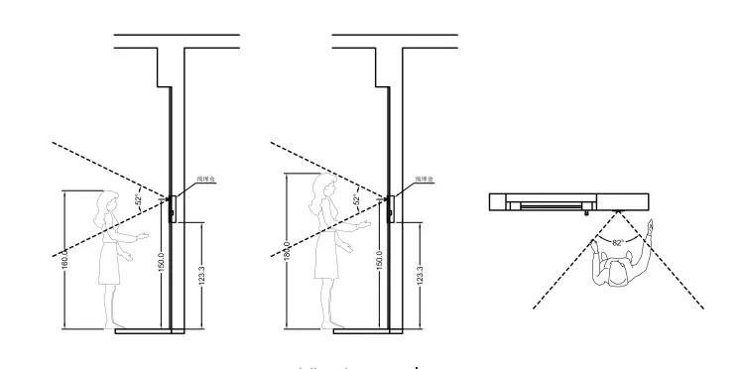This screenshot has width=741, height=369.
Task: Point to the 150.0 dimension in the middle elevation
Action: (379, 262)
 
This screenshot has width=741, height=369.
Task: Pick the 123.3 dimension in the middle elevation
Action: (420, 276)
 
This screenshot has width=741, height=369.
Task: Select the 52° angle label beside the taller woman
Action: (357, 201)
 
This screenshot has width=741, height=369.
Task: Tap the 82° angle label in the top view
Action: (616, 241)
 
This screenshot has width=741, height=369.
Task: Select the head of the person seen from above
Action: (617, 274)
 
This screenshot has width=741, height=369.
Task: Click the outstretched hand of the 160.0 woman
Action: (145, 235)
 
